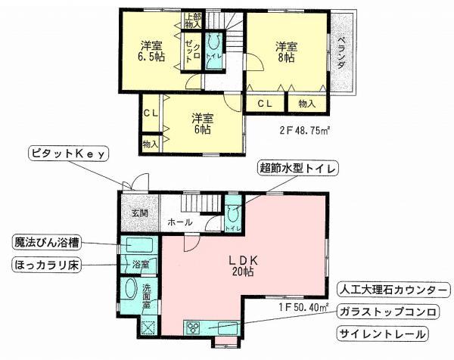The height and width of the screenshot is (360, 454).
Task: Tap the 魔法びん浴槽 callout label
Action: (47, 244)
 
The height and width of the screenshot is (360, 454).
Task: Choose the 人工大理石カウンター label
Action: (387, 290)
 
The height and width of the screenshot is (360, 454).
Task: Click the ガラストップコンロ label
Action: (387, 312)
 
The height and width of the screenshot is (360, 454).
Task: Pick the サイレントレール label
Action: (380, 334)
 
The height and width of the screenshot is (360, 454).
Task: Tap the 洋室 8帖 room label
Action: (285, 51)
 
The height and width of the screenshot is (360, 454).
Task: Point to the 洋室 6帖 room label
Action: (201, 123)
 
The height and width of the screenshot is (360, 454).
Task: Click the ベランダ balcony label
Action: (342, 52)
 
